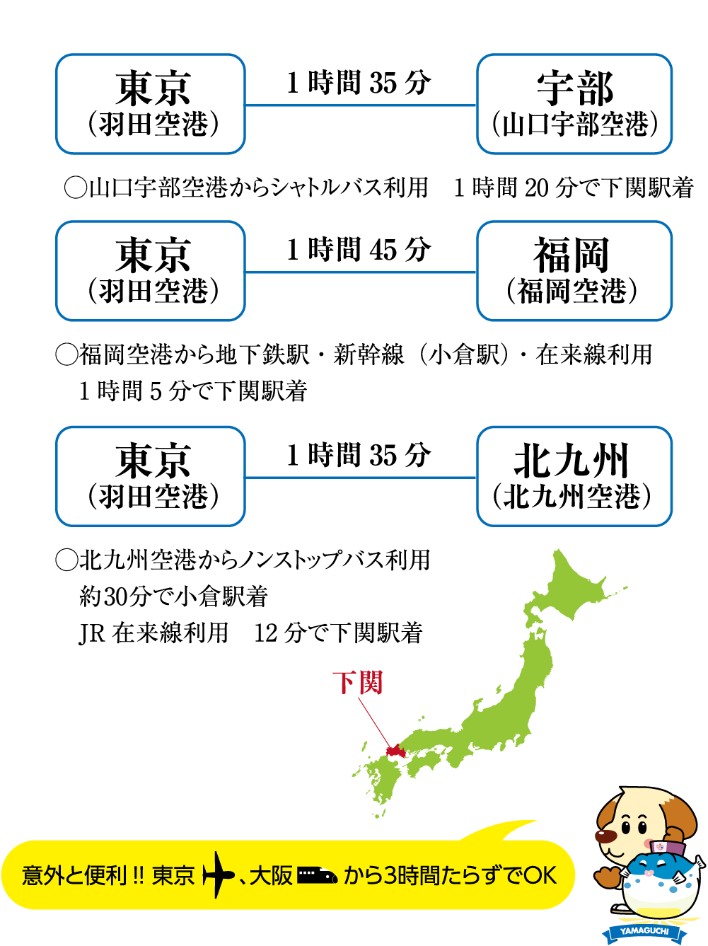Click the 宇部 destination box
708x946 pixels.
(x=574, y=104)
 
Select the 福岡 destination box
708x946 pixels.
(x=574, y=271)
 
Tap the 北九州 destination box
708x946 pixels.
(x=574, y=476)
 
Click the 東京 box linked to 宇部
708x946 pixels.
(x=151, y=104)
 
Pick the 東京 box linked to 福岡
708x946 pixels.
(x=151, y=271)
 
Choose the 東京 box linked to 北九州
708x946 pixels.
(x=151, y=476)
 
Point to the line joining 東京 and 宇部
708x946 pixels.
(x=361, y=105)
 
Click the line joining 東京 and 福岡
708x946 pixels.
(x=361, y=272)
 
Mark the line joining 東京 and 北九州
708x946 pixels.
(x=361, y=478)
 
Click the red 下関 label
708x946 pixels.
(x=357, y=683)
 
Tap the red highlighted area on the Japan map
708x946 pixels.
(x=394, y=751)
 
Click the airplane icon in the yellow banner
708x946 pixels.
(x=218, y=876)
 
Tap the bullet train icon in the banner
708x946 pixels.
(x=317, y=876)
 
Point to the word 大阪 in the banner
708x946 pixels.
(x=271, y=876)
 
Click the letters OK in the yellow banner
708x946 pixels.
(x=541, y=876)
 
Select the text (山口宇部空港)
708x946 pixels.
(x=574, y=125)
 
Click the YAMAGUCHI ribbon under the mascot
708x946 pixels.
(x=644, y=931)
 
